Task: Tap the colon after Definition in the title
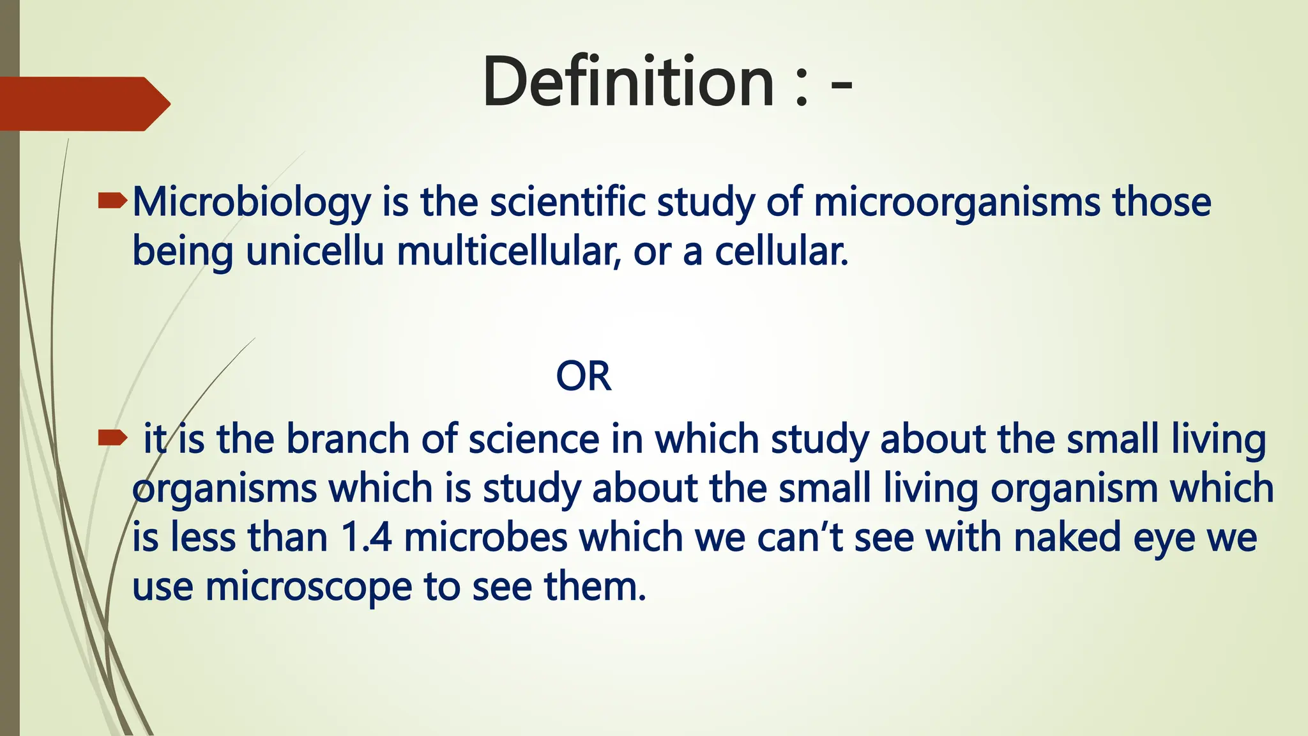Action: tap(802, 86)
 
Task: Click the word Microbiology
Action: tap(251, 203)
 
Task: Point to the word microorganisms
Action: tap(957, 203)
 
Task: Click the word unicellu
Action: tap(315, 252)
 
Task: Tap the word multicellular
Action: tap(508, 252)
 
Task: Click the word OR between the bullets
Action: tap(583, 376)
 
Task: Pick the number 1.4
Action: tap(366, 537)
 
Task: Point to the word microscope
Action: tap(308, 586)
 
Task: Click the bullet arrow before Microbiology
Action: tap(112, 203)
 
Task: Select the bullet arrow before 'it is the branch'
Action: tap(112, 438)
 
